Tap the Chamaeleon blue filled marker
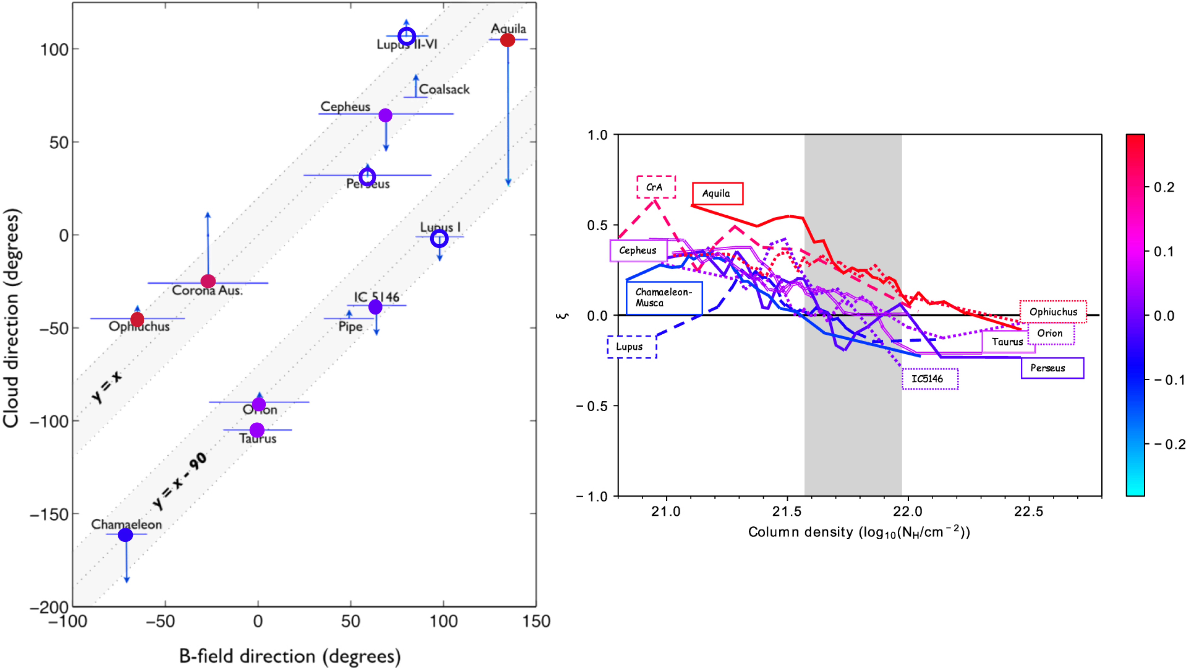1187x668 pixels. (125, 535)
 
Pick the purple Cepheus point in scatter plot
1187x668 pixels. (385, 115)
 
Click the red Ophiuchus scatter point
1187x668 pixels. (137, 319)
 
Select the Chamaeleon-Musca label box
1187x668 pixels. (664, 298)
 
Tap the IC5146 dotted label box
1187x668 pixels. (930, 379)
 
